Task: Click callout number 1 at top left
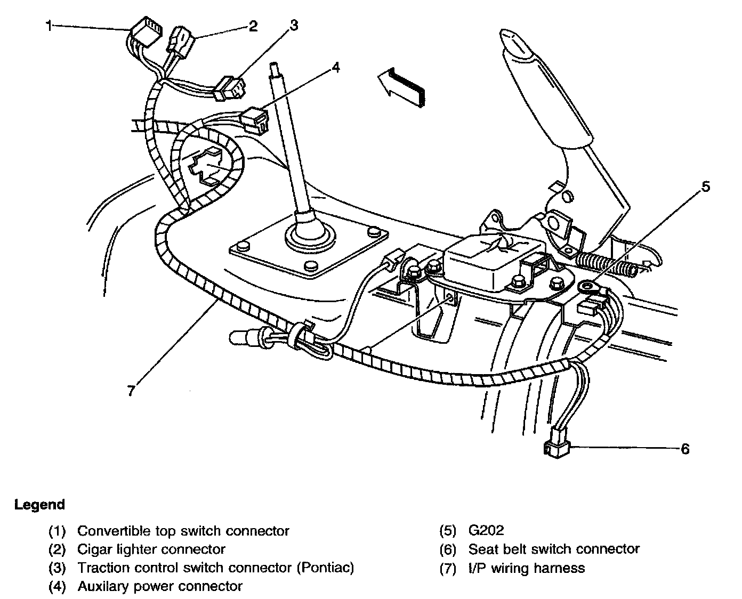point(49,25)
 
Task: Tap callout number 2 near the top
point(253,26)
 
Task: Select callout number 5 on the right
point(705,187)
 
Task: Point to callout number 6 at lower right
point(685,449)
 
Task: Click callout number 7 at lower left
point(131,390)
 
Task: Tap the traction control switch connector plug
point(229,88)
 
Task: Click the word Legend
point(39,504)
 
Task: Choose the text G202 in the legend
point(486,530)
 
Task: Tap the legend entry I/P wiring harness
point(526,568)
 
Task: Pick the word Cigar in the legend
point(96,549)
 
